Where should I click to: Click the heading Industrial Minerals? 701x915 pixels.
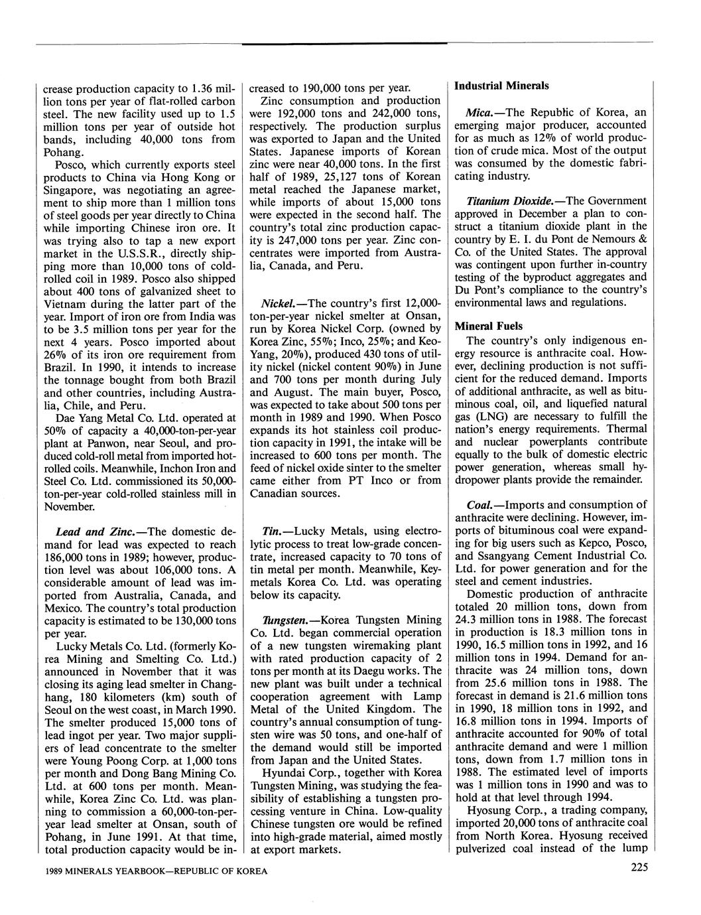tap(501, 86)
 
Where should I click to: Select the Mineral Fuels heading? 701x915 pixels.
tap(489, 326)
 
